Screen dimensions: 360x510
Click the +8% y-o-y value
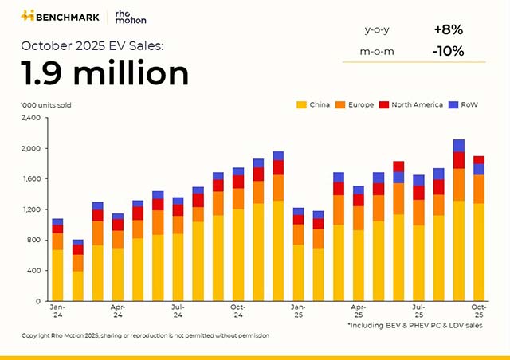coord(449,29)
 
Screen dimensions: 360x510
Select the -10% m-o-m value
coord(449,53)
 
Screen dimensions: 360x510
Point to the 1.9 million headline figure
coord(105,73)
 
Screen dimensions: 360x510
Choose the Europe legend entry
coord(358,104)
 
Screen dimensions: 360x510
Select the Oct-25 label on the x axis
coord(479,310)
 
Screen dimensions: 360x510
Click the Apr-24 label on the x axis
coord(118,310)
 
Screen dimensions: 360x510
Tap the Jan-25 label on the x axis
coord(298,310)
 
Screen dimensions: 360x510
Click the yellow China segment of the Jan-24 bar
coord(57,275)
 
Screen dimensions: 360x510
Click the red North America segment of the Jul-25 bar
coord(418,192)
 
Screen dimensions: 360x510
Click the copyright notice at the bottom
coord(145,335)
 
